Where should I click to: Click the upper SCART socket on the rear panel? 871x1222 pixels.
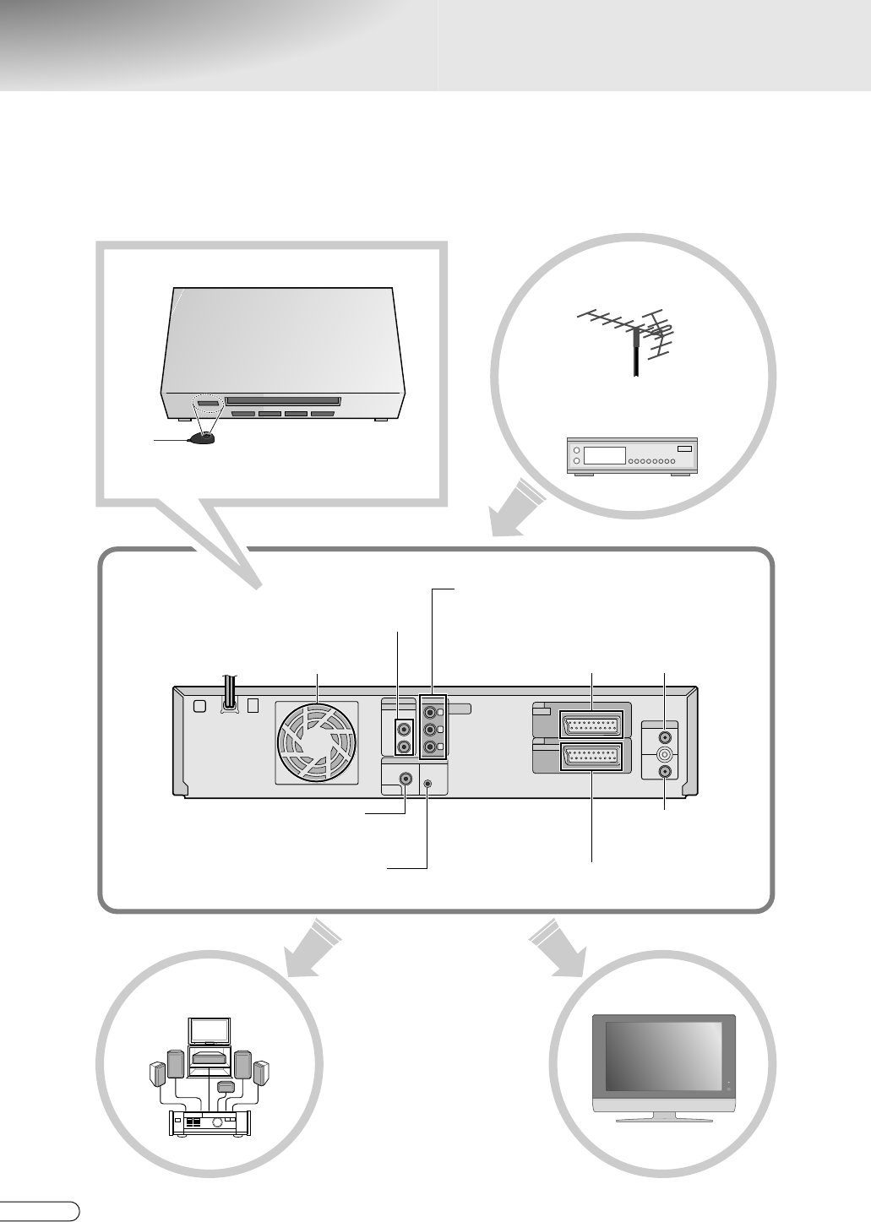pyautogui.click(x=590, y=724)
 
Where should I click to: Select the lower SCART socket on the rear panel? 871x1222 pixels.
pyautogui.click(x=590, y=758)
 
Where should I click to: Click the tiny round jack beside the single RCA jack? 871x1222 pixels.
pyautogui.click(x=427, y=783)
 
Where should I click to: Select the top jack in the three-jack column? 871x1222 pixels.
pyautogui.click(x=432, y=712)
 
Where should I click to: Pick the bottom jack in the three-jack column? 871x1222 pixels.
pyautogui.click(x=432, y=747)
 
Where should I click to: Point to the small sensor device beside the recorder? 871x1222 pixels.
pyautogui.click(x=203, y=437)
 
